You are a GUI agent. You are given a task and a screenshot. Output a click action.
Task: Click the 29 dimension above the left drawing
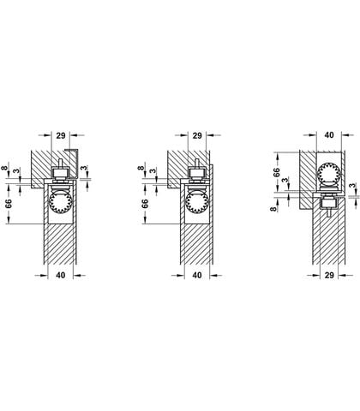[61, 135]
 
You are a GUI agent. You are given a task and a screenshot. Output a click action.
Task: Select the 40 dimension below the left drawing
[60, 275]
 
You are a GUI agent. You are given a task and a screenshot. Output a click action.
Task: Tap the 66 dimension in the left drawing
[9, 203]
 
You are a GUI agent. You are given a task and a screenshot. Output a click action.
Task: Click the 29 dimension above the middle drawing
[197, 135]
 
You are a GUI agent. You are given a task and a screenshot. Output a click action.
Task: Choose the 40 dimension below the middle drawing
[197, 275]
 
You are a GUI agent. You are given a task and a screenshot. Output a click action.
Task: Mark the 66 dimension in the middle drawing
[145, 203]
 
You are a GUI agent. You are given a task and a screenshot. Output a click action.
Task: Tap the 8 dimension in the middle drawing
[141, 168]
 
